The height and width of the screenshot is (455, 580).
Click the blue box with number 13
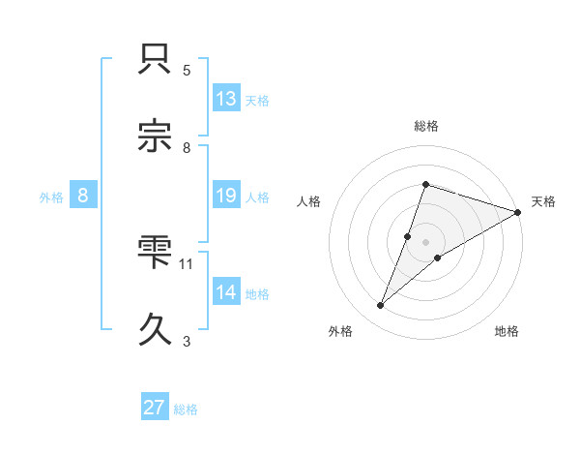click(226, 99)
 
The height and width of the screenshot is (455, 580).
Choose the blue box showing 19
click(226, 196)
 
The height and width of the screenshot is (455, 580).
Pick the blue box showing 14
click(226, 292)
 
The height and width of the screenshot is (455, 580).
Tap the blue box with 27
click(155, 408)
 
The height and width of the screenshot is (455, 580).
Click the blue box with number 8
click(83, 196)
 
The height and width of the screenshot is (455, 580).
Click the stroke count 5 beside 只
click(187, 71)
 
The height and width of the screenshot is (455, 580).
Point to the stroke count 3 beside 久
click(187, 340)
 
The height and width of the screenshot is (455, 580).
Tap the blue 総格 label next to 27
click(186, 409)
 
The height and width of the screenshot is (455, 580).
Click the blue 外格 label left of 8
click(51, 197)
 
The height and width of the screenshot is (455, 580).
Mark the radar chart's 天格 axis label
click(543, 201)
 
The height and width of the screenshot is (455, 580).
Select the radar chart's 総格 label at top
click(425, 126)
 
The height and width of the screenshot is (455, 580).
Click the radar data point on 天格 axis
click(517, 212)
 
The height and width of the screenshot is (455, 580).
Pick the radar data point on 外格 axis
click(381, 306)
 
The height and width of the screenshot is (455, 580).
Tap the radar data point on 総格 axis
click(425, 184)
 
